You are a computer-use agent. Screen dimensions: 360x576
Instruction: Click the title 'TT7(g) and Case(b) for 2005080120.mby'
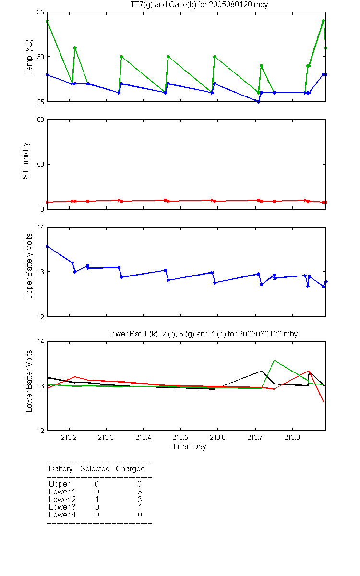(199, 5)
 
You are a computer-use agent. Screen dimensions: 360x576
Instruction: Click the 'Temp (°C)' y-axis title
(29, 57)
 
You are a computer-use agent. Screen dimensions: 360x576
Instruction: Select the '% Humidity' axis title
(26, 161)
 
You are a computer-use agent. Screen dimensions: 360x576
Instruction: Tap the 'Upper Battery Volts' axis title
(29, 266)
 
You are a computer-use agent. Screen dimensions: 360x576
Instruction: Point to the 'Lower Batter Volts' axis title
(29, 381)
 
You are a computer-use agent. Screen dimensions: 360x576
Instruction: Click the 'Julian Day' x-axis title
(189, 447)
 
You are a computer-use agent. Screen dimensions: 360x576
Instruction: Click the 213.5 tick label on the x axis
(180, 437)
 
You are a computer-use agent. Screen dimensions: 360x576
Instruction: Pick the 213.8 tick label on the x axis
(292, 437)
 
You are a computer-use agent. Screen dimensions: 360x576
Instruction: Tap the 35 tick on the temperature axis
(41, 12)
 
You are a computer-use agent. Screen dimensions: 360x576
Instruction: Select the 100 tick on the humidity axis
(39, 120)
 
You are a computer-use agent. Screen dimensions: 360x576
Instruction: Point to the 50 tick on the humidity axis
(41, 164)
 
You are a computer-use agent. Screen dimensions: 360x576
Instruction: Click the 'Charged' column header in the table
(130, 469)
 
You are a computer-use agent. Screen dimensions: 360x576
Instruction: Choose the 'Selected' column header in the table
(95, 468)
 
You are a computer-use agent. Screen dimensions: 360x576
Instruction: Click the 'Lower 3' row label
(62, 507)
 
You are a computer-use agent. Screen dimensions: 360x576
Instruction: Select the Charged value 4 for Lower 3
(140, 507)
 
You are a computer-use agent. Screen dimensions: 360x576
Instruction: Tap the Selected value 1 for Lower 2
(97, 499)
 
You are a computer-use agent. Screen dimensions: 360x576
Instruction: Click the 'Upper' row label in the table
(59, 484)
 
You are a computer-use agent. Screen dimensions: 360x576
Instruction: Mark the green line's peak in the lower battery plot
(275, 360)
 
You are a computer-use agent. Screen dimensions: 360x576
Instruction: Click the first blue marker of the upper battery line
(48, 246)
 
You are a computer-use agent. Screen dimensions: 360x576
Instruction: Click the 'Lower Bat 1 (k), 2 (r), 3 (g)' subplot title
(202, 334)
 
